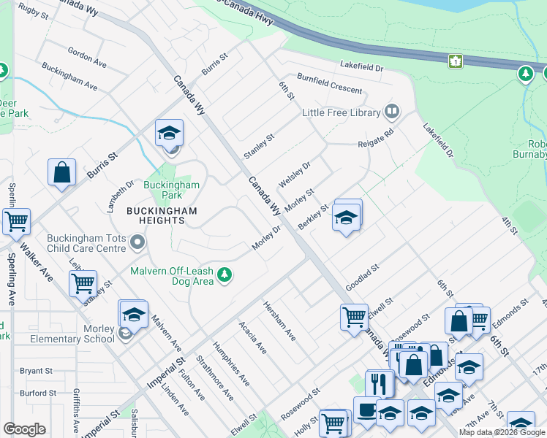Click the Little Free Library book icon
pyautogui.click(x=392, y=112)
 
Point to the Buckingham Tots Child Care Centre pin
pyautogui.click(x=137, y=242)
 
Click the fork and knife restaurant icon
pyautogui.click(x=379, y=383)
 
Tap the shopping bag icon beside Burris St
pyautogui.click(x=62, y=173)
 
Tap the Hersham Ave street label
pyautogui.click(x=279, y=321)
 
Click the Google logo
pyautogui.click(x=25, y=429)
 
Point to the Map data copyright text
pyautogui.click(x=502, y=432)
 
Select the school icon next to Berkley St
pyautogui.click(x=347, y=217)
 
